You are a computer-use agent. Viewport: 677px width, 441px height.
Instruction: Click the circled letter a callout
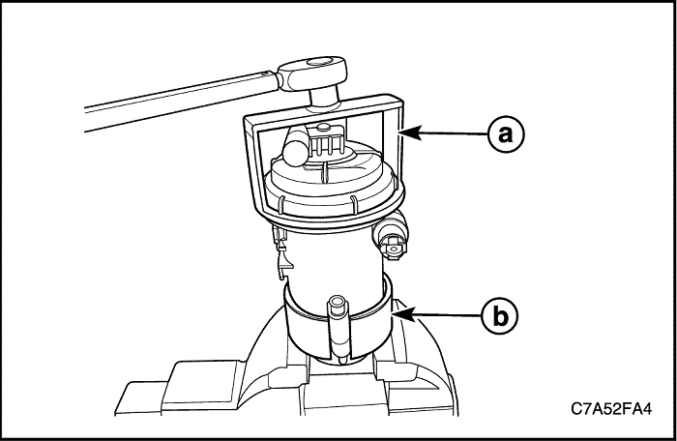point(506,133)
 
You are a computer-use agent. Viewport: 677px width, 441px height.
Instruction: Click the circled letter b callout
point(500,317)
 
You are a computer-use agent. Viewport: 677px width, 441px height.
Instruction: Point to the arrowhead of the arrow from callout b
point(403,313)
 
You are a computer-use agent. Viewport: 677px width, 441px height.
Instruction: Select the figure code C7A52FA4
point(611,409)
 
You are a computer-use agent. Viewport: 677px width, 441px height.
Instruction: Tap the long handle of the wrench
point(182,101)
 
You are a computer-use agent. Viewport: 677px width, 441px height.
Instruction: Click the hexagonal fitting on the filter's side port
point(393,248)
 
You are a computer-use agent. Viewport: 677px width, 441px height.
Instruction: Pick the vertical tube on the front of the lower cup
point(338,328)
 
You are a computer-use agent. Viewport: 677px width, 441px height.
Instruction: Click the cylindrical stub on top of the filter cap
point(296,145)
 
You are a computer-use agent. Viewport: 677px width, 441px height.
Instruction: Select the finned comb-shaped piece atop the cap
point(328,142)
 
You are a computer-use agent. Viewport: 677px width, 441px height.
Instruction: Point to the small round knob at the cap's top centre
point(322,128)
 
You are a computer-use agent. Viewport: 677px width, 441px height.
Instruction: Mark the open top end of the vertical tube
point(337,301)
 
